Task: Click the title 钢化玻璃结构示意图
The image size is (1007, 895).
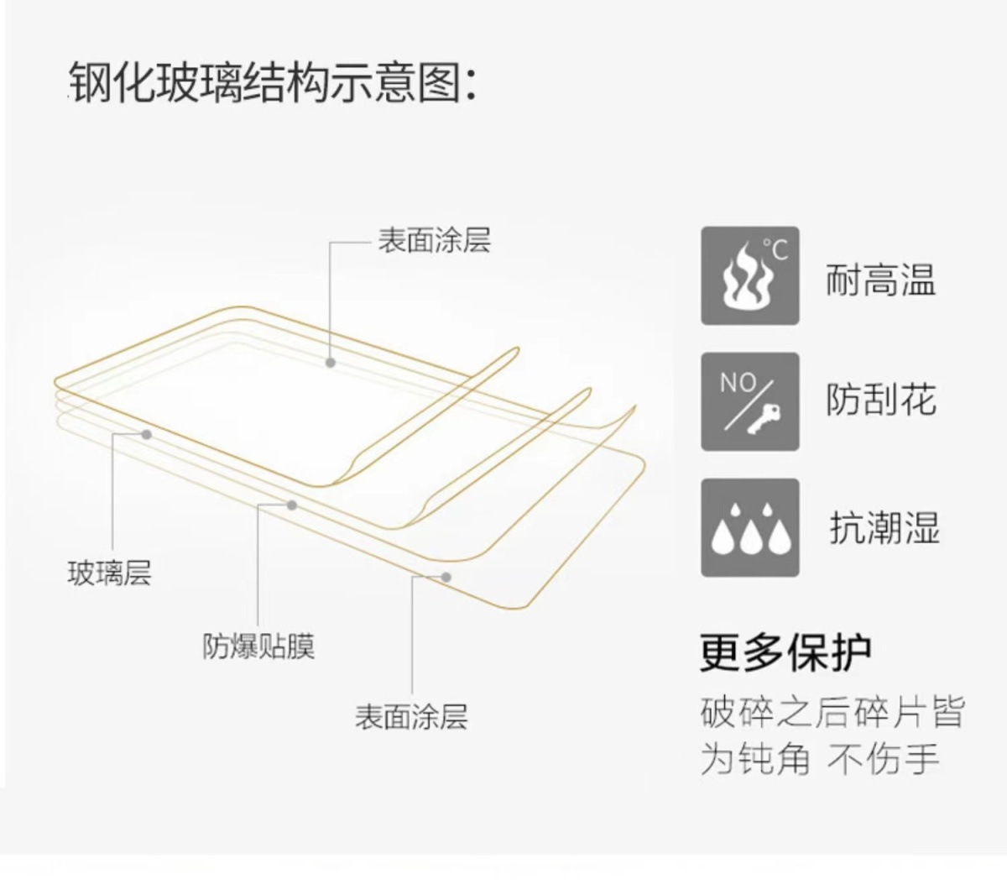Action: coord(272,85)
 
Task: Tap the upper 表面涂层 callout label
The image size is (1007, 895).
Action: coord(434,242)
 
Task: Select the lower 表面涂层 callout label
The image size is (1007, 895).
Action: coord(410,717)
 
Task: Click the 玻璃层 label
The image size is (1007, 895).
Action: coord(109,573)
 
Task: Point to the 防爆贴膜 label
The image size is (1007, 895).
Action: coord(258,646)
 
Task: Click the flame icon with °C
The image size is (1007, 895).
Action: coord(750,275)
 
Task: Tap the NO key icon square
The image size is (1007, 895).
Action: coord(750,401)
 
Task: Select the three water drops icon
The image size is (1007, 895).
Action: coord(750,528)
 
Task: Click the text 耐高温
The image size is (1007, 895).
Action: coord(880,280)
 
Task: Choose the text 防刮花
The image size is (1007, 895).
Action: coord(880,400)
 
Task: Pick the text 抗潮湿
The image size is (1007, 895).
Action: coord(884,528)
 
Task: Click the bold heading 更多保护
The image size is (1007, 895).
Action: coord(786,652)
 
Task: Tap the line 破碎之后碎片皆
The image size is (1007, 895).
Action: coord(832,712)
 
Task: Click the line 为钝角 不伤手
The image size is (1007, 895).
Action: coord(819,760)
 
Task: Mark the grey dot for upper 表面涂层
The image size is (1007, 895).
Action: coord(331,363)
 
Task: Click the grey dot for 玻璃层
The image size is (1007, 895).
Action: coord(146,434)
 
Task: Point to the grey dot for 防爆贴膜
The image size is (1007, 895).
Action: coord(292,505)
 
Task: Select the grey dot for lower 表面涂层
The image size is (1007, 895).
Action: coord(446,578)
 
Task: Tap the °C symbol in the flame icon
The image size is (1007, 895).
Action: coord(775,250)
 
